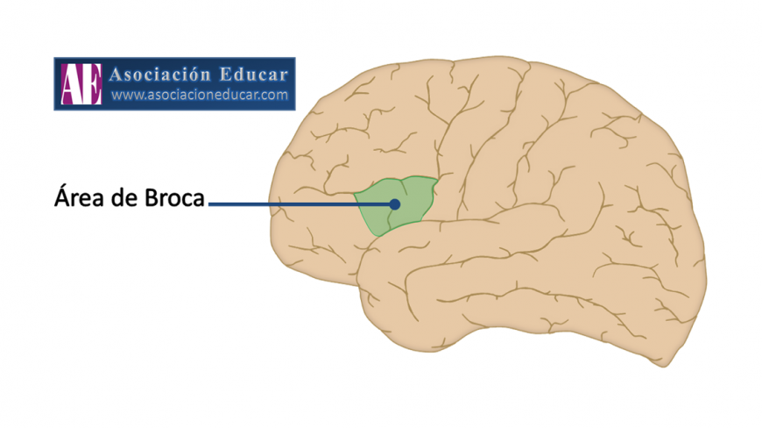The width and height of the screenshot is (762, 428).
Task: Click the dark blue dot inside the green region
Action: pos(395,203)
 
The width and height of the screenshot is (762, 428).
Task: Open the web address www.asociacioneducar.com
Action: pos(200,95)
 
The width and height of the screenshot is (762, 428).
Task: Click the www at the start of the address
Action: pos(128,95)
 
